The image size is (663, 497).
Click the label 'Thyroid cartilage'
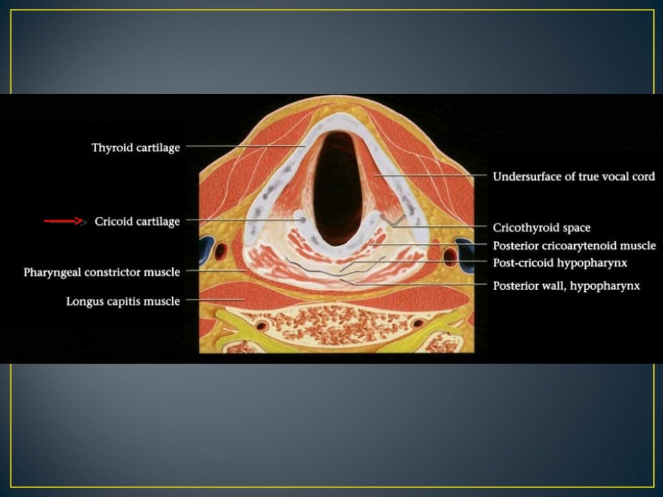tap(136, 148)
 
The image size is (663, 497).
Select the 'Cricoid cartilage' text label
tap(137, 221)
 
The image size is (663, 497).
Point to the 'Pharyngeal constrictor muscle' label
tap(102, 272)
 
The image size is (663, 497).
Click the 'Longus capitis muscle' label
tap(123, 301)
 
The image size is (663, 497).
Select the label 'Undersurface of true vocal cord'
tap(574, 176)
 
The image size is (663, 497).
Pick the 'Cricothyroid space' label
tap(541, 228)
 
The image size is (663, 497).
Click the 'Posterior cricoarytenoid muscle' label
tap(574, 246)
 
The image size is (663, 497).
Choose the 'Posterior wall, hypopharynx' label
tap(567, 285)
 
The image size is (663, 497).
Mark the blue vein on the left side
tap(207, 247)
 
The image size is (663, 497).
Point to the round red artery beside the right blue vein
tap(448, 250)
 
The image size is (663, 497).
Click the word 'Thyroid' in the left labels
tap(111, 148)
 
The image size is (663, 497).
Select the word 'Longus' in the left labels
tap(85, 301)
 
